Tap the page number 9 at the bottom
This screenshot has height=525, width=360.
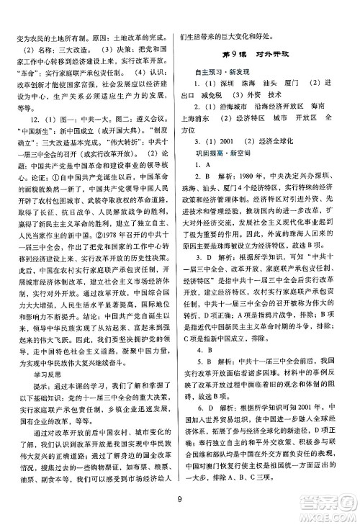coord(179,500)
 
